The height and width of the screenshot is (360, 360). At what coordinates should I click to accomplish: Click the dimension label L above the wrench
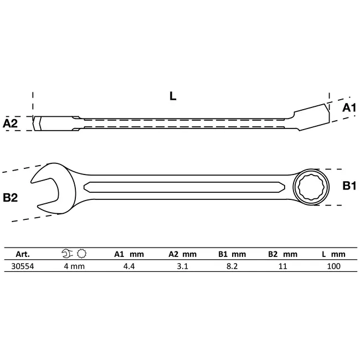click(173, 96)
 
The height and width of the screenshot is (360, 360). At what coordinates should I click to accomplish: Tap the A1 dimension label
click(348, 108)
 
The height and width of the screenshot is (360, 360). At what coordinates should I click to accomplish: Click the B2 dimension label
click(12, 197)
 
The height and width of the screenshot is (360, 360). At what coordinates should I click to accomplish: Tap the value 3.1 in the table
click(182, 266)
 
